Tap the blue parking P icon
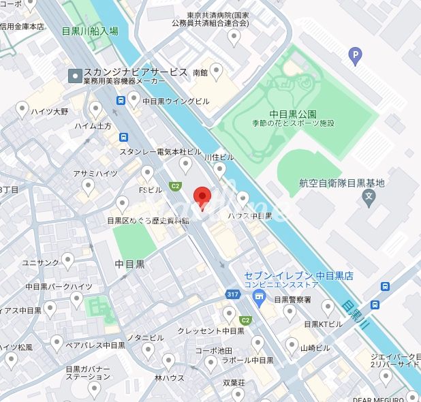coord(354,56)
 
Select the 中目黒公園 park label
coord(293,114)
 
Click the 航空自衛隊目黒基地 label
coord(341,183)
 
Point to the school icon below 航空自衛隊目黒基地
coord(369,198)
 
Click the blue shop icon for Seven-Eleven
coord(258,295)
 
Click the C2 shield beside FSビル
coord(175,185)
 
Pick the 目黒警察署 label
coord(292,299)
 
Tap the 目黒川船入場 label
coord(89,31)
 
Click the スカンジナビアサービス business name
coord(135,72)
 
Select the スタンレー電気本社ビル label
coord(160,151)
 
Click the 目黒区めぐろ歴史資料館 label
coord(148,220)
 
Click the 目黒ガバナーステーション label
coord(87,373)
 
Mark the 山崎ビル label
coord(315,347)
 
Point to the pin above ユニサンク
coord(68,260)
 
